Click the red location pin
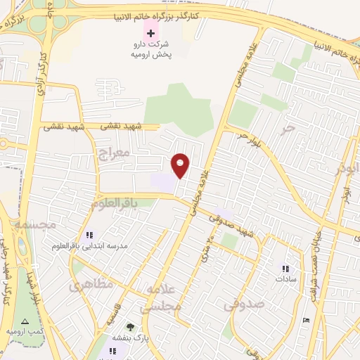pos(181,166)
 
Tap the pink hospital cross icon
pos(150,32)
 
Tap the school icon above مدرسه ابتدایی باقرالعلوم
pos(89,235)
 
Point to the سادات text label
pos(286,280)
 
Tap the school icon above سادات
pos(285,269)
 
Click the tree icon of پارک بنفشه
pos(129,326)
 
